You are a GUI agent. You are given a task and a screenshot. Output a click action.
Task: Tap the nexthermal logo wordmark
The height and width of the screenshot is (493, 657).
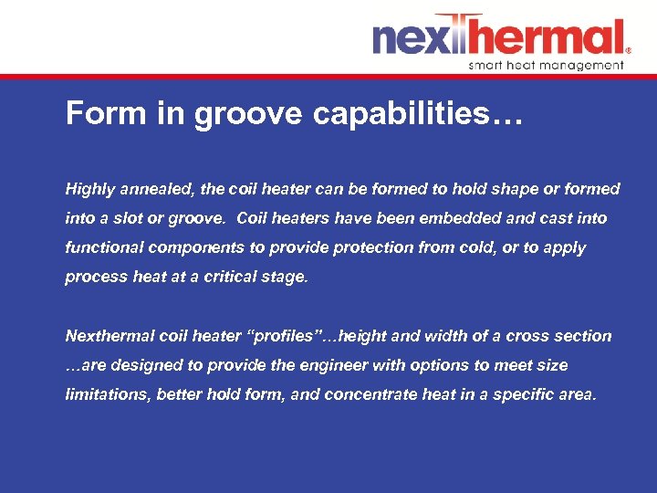click(498, 38)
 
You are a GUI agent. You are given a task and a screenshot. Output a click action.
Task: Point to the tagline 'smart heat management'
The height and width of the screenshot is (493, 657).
click(546, 65)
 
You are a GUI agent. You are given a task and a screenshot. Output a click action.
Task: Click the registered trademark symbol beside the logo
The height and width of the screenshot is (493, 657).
click(628, 51)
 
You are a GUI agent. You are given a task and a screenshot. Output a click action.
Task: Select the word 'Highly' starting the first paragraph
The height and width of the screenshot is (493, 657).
click(89, 190)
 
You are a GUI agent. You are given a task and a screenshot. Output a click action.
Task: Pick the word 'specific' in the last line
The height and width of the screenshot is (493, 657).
click(527, 394)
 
